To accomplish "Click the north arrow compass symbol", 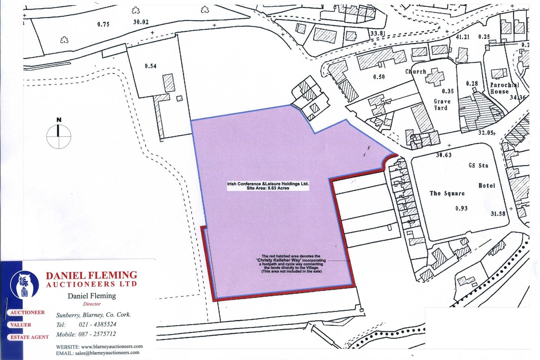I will point(58,136).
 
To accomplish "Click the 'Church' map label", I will point(415,71).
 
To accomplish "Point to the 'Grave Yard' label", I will point(442,104).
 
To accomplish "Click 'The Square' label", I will point(447,193).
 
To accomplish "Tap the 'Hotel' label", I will point(486,186).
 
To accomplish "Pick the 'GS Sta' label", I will point(478,165).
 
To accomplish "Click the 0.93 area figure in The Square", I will point(461,208).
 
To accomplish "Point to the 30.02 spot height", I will point(141,22).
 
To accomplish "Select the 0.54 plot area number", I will point(150,66).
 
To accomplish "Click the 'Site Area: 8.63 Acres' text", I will point(268,188).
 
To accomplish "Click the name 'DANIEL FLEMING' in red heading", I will point(91,276).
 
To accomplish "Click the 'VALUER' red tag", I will point(21,325).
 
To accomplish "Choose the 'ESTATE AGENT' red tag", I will point(29,337).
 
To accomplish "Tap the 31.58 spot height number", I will point(498,214).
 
